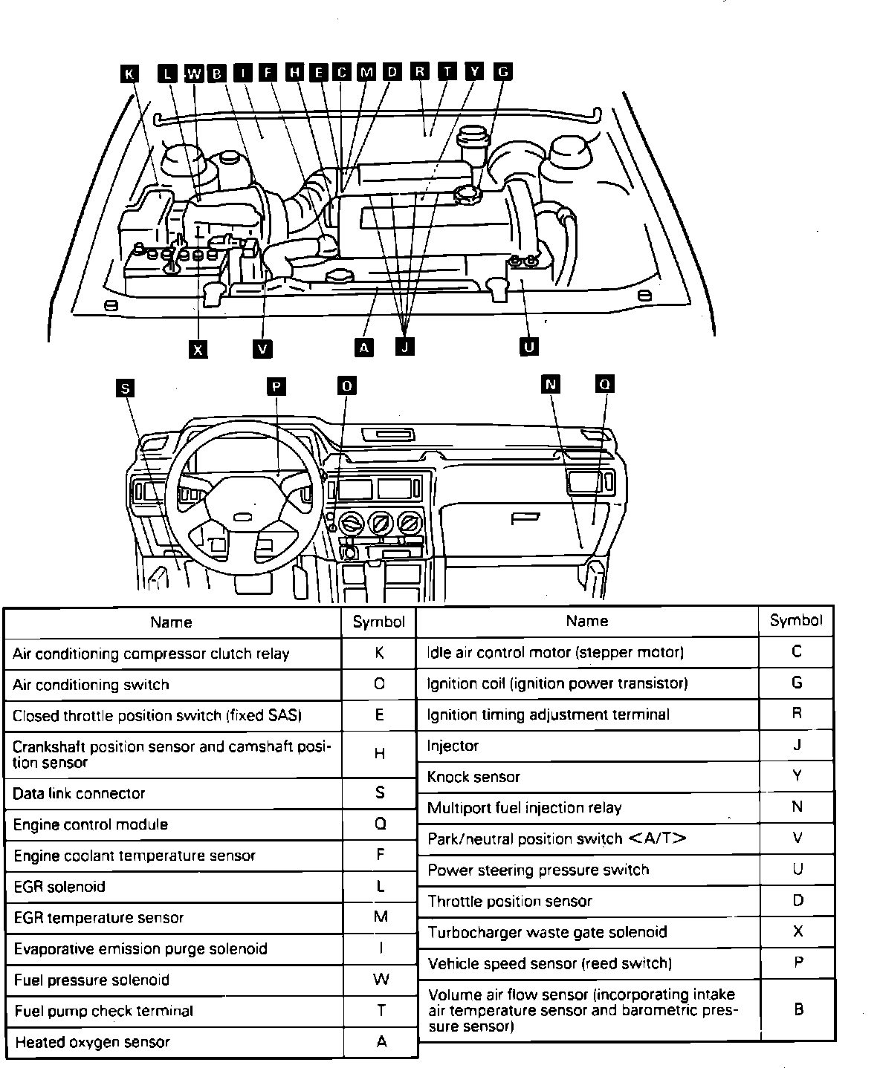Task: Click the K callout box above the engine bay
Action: click(129, 73)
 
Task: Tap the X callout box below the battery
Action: click(198, 349)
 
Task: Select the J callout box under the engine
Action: click(405, 347)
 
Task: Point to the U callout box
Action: click(529, 347)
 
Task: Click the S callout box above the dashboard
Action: click(126, 388)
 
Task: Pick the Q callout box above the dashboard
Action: click(605, 384)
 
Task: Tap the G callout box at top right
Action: click(503, 71)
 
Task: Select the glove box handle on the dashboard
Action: click(525, 518)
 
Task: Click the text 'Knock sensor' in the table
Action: click(473, 777)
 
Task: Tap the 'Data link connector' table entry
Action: click(79, 793)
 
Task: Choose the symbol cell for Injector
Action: click(797, 745)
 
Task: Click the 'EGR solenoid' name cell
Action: click(59, 887)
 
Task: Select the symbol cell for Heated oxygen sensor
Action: click(381, 1041)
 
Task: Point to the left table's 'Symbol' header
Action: click(379, 622)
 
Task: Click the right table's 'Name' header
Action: click(586, 621)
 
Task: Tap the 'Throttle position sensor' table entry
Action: click(510, 901)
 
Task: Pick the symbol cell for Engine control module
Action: click(380, 824)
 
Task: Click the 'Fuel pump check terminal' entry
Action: click(103, 1011)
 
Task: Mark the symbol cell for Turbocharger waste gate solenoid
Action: click(797, 931)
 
